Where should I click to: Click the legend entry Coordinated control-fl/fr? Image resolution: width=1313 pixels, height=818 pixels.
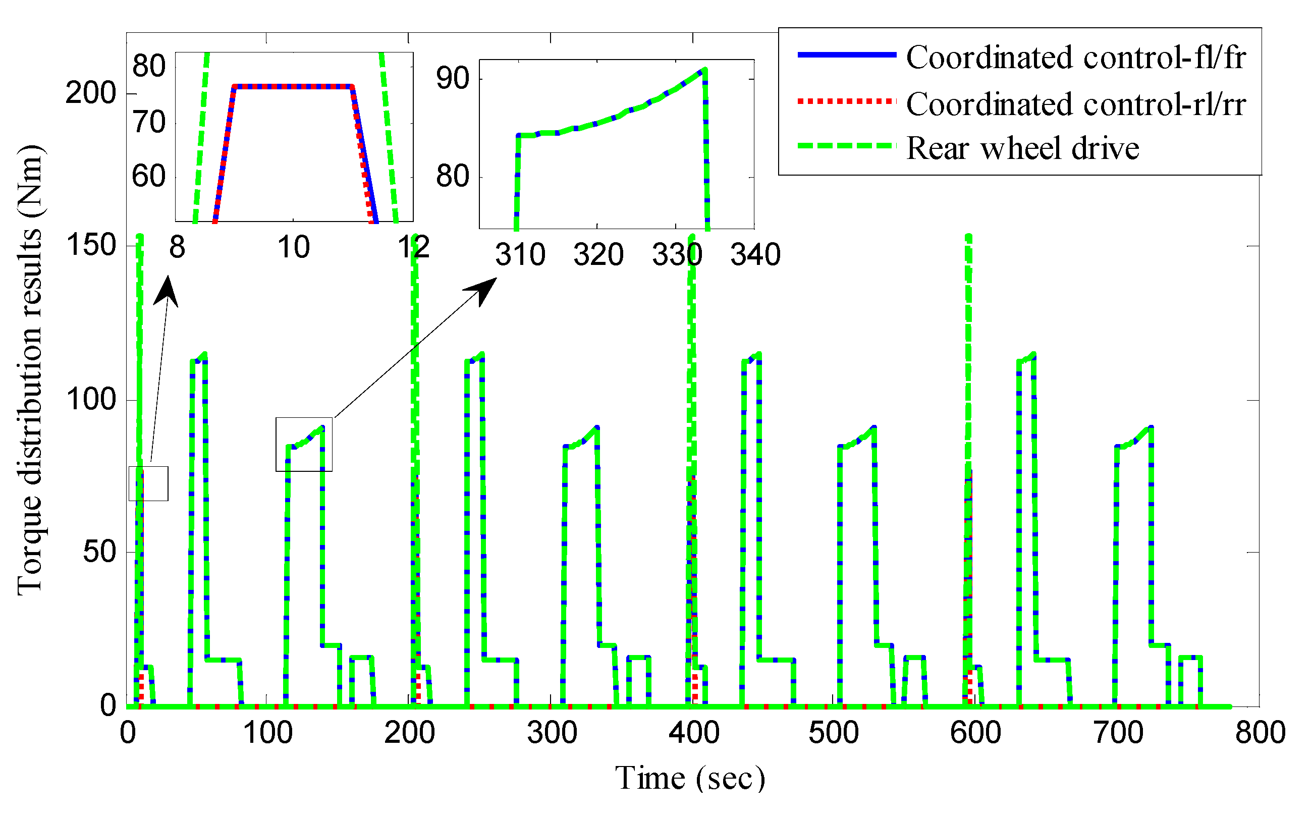coord(1075,58)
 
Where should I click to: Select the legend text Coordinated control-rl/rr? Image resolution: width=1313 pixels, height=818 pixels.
coord(1075,104)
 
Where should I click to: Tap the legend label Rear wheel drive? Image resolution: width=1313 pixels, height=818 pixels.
coord(1022,148)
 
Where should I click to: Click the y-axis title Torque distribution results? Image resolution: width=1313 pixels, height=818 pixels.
coord(30,371)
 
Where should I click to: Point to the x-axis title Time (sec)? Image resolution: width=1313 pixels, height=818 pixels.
coord(690,779)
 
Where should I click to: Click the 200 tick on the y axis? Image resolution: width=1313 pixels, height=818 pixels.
coord(91,93)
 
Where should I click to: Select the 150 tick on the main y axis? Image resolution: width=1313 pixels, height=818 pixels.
coord(91,245)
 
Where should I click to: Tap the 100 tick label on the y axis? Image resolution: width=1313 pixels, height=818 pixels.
coord(91,400)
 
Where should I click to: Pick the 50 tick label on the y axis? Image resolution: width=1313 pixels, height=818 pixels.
coord(99,553)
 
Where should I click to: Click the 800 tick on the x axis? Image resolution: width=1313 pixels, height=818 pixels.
coord(1260,733)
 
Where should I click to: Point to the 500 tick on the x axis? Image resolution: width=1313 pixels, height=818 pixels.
coord(834,733)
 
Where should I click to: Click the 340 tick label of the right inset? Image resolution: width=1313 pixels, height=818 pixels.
coord(755,255)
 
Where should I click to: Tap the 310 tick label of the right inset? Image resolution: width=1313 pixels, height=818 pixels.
coord(520,255)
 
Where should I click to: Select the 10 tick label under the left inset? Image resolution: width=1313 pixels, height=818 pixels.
coord(293,248)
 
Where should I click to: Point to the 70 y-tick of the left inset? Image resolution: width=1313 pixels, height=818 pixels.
coord(149,122)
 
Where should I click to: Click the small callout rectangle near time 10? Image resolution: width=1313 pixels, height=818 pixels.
coord(148,483)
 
